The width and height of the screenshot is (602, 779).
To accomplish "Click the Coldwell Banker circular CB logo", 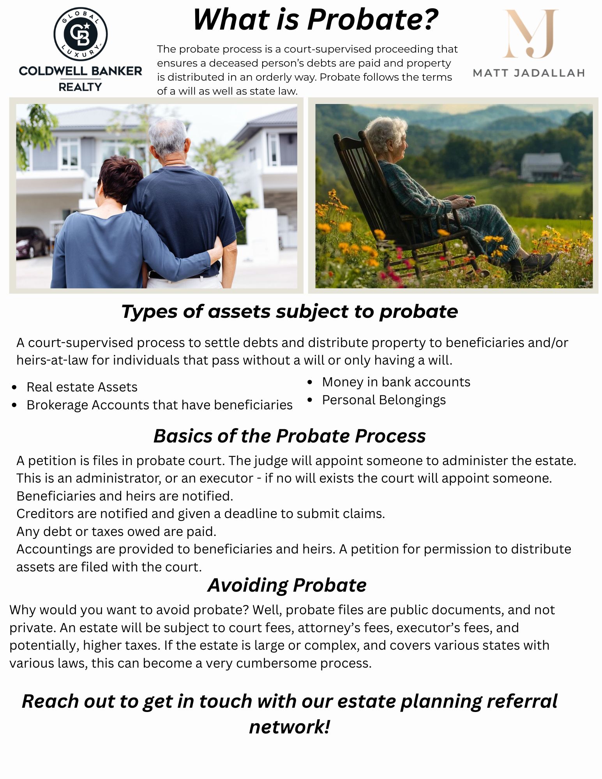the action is tap(81, 34).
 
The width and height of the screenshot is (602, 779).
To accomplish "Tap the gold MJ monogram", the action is tap(530, 34).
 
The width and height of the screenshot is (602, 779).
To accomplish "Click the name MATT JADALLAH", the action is tap(529, 73).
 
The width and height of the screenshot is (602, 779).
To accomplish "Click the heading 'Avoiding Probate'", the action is tap(287, 585).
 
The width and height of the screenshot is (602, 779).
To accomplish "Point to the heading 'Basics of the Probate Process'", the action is tap(290, 436).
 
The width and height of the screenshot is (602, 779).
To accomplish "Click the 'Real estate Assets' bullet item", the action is tap(82, 387).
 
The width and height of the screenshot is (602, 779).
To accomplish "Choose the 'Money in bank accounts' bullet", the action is tap(396, 382).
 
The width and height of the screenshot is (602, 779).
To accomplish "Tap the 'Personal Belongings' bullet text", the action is tap(384, 400).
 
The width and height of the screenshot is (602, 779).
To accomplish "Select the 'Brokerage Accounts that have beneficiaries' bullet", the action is tap(159, 405).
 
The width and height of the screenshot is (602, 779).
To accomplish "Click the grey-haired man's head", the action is tap(169, 138).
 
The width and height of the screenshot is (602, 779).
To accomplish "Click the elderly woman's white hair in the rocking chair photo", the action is tap(385, 132).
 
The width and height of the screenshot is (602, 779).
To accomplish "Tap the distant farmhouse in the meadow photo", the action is tap(543, 167).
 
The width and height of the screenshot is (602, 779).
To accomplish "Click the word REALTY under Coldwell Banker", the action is tap(80, 87).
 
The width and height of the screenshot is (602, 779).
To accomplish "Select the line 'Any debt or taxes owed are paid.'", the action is tap(116, 532).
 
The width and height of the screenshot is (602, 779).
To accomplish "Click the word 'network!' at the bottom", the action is tap(290, 727).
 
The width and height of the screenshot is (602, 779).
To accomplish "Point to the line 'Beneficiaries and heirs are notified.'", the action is tap(125, 496).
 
